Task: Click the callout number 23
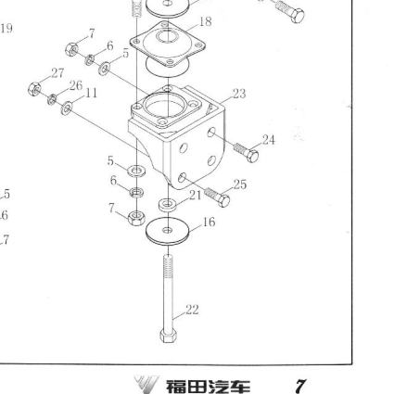coord(239,94)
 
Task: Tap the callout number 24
coord(269,140)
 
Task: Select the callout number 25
coord(240,184)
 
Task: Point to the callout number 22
coord(192,310)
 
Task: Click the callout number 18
coord(206,21)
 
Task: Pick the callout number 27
coord(57,73)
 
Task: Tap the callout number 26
coord(76,85)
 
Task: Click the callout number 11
coord(91,93)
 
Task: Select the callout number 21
coord(195,196)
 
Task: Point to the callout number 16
coord(209,222)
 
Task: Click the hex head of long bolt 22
coord(168,336)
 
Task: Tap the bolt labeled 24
coord(247,152)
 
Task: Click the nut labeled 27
coord(34,89)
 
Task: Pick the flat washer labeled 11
coord(67,108)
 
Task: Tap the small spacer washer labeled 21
coord(168,205)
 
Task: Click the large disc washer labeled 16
coord(168,231)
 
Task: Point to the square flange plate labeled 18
coord(168,44)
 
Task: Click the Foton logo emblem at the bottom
coord(146,385)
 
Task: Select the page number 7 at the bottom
coord(300,386)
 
